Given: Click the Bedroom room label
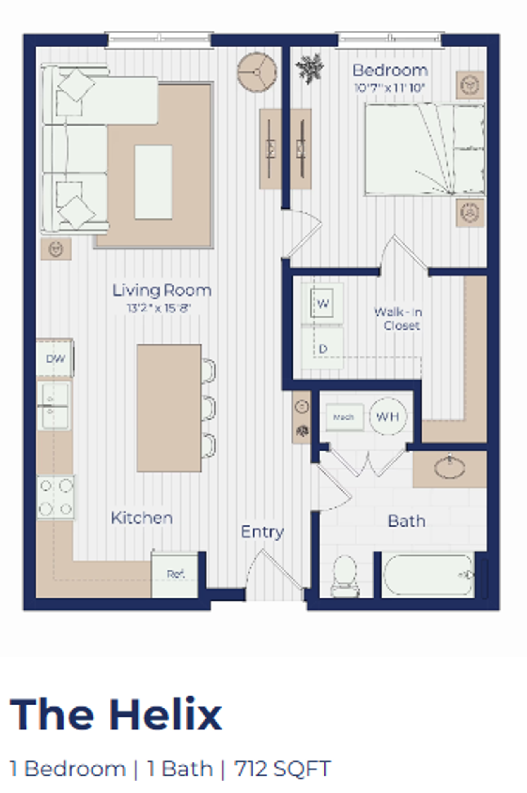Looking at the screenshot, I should tap(390, 70).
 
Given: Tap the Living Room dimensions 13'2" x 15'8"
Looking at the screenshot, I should tap(159, 308).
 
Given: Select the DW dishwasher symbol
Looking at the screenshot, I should tap(55, 359).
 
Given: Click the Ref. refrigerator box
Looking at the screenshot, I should tap(175, 574).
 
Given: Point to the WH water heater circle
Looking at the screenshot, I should tap(387, 416).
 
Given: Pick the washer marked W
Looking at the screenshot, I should tap(322, 304).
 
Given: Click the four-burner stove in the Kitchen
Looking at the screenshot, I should tap(55, 497).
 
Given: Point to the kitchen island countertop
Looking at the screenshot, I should tap(169, 408).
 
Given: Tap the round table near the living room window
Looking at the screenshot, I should tap(257, 72).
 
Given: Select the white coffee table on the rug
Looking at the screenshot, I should tap(153, 182).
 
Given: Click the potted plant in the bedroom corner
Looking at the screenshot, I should tap(309, 67).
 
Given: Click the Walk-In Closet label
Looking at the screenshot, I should tap(398, 318).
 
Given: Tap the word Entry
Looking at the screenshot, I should tap(262, 532).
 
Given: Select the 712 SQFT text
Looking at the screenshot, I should tap(282, 769).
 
